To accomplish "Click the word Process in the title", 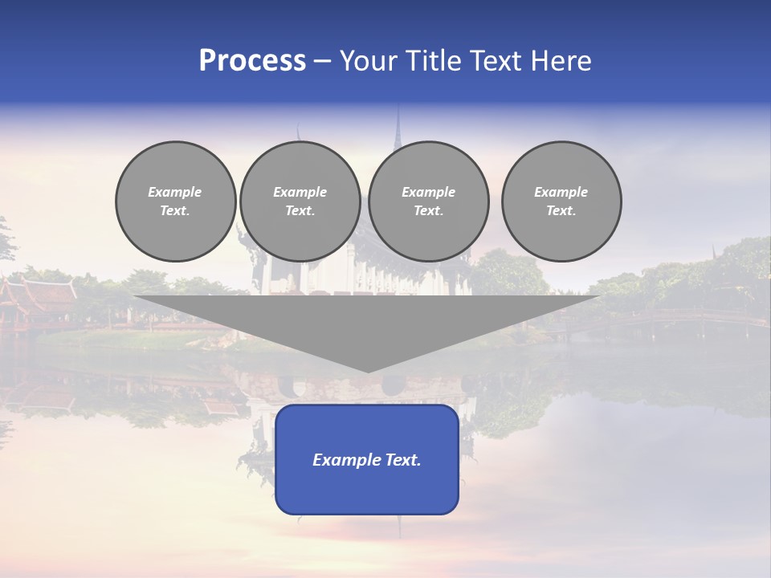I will click(252, 61).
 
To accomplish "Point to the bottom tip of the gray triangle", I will click(368, 370).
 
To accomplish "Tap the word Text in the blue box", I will click(403, 460).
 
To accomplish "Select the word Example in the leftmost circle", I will click(175, 192).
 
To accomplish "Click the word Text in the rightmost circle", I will click(561, 211).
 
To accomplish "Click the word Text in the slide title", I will click(497, 61).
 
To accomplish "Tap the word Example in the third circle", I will click(429, 192).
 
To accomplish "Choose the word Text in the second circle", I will click(300, 211).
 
